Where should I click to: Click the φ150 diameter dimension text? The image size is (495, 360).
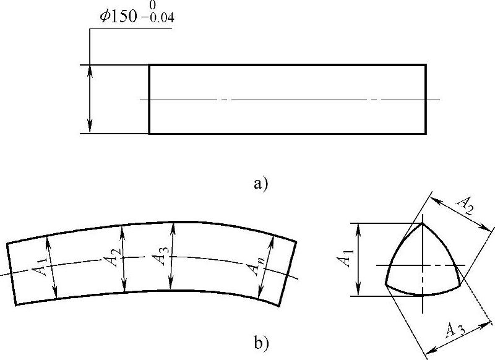click(x=118, y=17)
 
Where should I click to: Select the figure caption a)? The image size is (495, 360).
click(x=260, y=183)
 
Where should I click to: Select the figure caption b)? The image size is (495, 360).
click(x=261, y=343)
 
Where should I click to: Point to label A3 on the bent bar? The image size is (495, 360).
click(x=160, y=255)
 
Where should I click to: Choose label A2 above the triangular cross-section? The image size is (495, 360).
click(x=465, y=205)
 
